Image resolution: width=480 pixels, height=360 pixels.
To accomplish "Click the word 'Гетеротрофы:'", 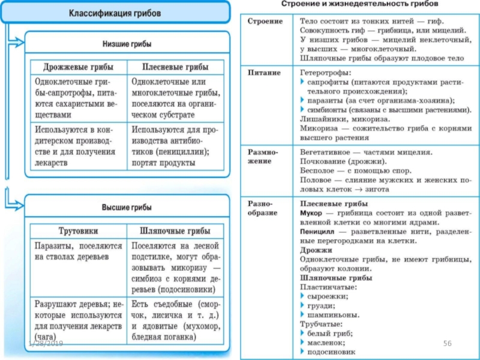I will pos(323,73).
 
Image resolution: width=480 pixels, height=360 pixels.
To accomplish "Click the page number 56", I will pos(446,343).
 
